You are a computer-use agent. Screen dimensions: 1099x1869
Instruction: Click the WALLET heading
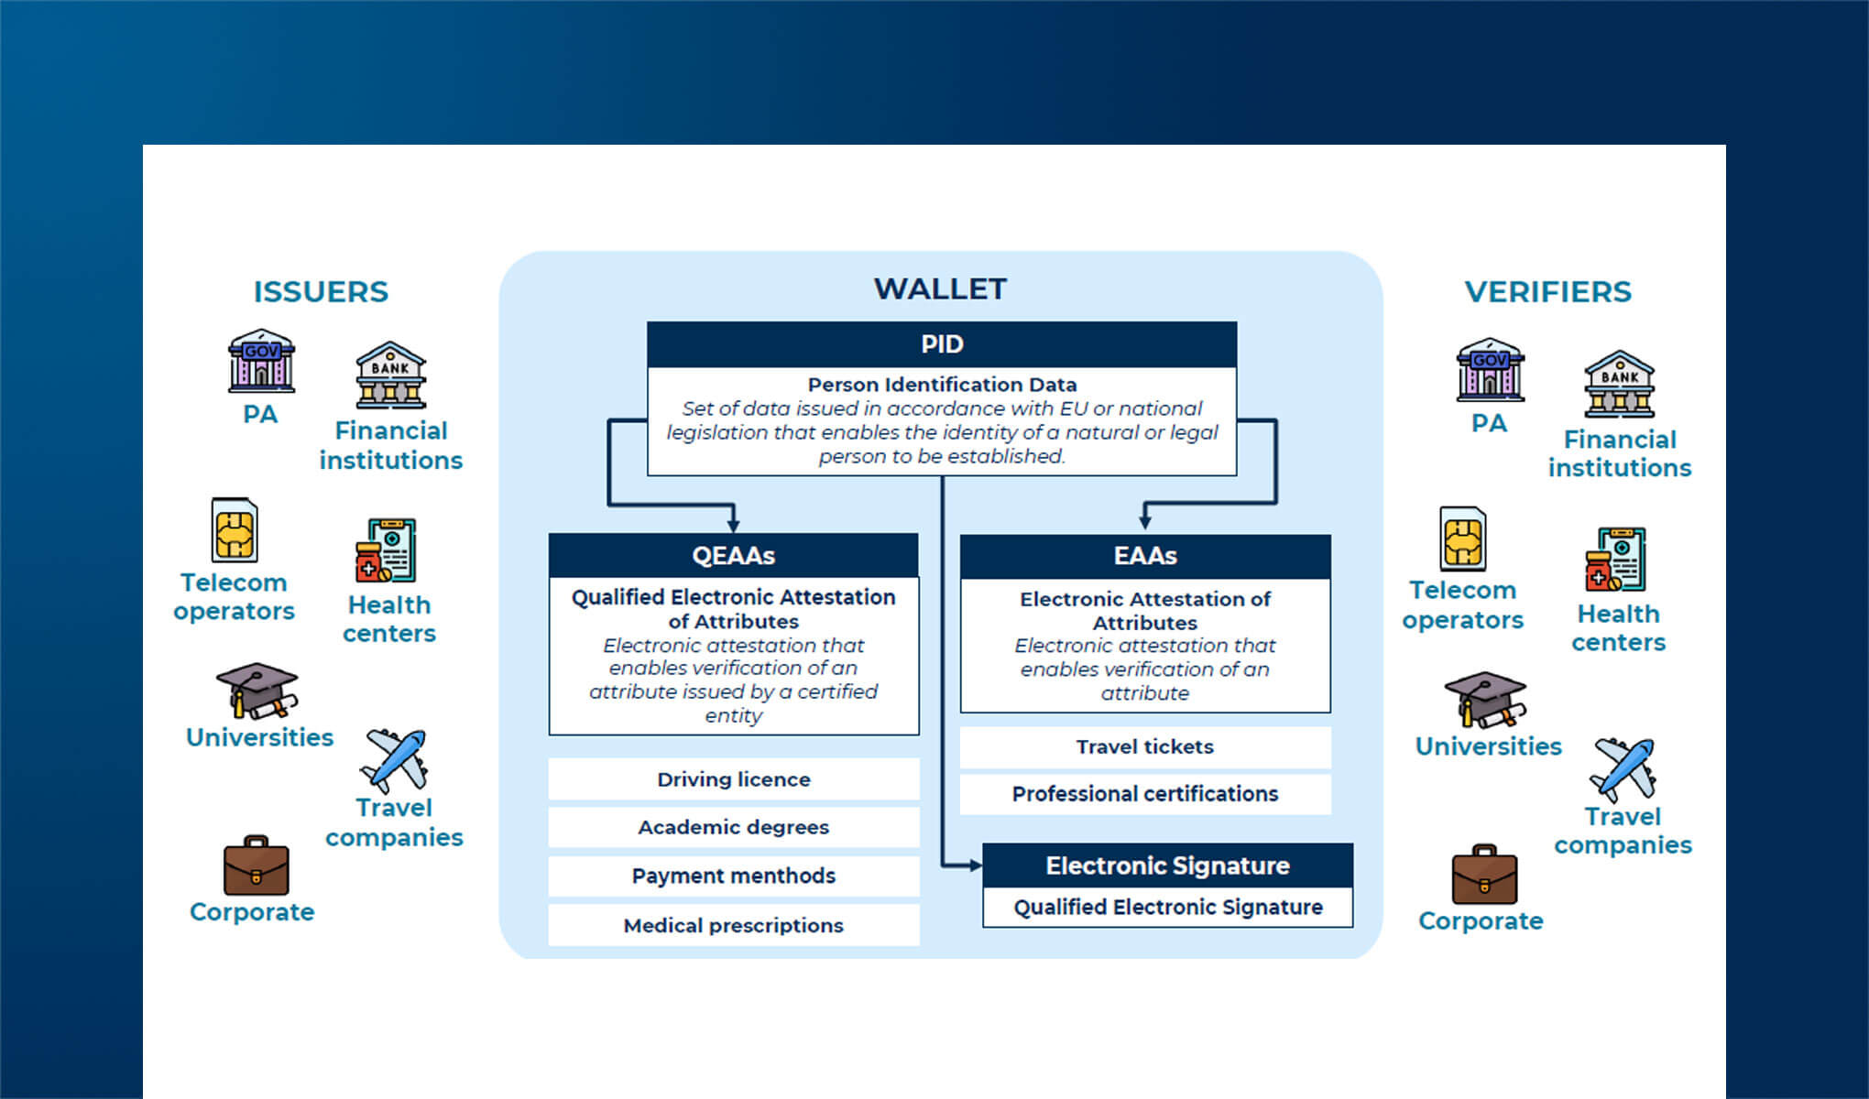tap(940, 289)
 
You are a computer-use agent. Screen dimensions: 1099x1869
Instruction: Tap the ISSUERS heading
tap(321, 292)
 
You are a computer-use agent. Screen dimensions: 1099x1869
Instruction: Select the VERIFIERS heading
tap(1547, 292)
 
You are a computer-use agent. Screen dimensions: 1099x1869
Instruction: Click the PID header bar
tap(942, 344)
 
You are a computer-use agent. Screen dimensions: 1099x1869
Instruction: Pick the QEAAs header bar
tap(733, 555)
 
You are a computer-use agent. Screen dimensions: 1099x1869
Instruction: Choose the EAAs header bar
tap(1145, 556)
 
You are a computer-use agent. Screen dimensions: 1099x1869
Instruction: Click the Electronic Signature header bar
tap(1167, 865)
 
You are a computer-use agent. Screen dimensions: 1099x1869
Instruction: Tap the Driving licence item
tap(733, 779)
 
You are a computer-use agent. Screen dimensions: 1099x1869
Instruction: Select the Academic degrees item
tap(733, 827)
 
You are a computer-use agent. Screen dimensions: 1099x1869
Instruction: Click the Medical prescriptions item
tap(733, 925)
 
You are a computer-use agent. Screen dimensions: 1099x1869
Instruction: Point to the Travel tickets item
tap(1145, 746)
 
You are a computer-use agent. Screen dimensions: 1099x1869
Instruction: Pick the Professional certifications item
tap(1145, 794)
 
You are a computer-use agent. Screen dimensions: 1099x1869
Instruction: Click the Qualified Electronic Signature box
tap(1167, 908)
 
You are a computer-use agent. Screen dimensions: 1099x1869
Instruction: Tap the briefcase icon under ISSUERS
tap(256, 865)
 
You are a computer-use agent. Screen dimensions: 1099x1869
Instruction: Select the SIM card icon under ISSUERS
tap(235, 530)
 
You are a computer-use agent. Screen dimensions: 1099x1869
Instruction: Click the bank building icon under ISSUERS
tap(391, 375)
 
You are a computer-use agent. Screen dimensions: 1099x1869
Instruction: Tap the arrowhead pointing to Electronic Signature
tap(975, 865)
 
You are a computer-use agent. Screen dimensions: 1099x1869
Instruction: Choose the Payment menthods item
tap(733, 876)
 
